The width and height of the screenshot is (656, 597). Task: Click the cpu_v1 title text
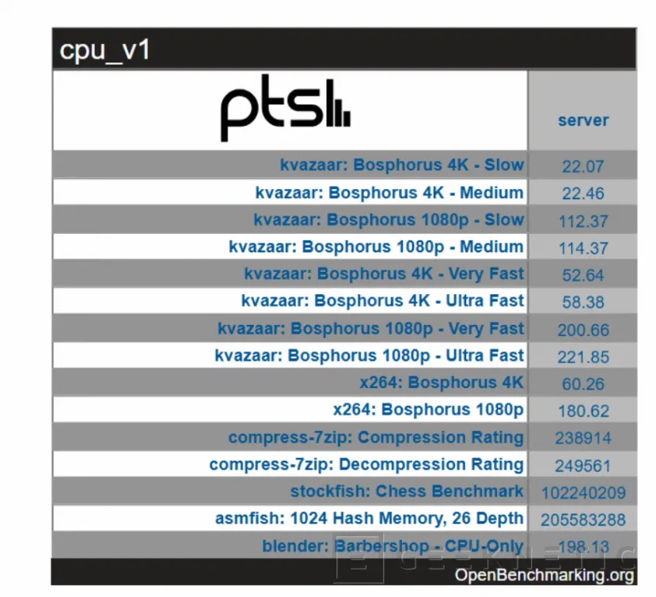click(x=105, y=51)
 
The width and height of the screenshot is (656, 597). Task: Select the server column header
click(x=583, y=120)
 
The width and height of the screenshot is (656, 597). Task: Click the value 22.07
click(x=583, y=166)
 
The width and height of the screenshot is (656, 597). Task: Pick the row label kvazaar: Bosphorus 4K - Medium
click(x=389, y=192)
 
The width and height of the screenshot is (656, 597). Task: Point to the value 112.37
click(x=583, y=221)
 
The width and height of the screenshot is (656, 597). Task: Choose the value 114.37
click(x=583, y=248)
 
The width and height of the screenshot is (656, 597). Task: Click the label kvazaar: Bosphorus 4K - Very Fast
click(x=385, y=274)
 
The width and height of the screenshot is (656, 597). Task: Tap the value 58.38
click(x=583, y=302)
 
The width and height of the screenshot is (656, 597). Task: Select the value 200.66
click(x=583, y=330)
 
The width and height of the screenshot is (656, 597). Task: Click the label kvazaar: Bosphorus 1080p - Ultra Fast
click(x=370, y=356)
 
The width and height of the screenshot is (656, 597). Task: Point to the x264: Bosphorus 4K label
click(x=442, y=383)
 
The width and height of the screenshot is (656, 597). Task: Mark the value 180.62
click(x=583, y=411)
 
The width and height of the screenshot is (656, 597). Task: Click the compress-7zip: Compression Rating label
click(x=376, y=437)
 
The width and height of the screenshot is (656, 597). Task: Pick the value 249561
click(x=583, y=465)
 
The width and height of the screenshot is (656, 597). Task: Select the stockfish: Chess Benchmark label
click(x=407, y=491)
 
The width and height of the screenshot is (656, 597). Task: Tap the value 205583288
click(x=583, y=520)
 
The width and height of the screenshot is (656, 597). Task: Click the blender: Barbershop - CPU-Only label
click(x=392, y=546)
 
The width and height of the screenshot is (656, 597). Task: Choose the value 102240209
click(x=583, y=493)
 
